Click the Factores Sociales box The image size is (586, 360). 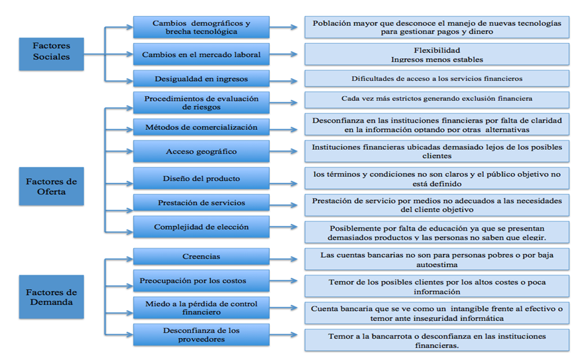(51, 52)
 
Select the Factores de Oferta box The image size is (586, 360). (51, 187)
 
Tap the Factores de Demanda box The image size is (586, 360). (51, 298)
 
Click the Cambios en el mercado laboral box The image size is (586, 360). (201, 54)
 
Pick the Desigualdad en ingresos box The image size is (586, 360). (201, 79)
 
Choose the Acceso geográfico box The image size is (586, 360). (201, 152)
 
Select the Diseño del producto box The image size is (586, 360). (201, 178)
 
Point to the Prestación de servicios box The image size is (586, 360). (201, 203)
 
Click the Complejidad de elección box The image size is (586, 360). (201, 227)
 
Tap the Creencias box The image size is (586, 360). (201, 257)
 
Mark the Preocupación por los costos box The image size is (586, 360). (201, 281)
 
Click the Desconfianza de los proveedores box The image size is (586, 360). (201, 335)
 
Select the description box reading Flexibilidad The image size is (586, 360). (436, 54)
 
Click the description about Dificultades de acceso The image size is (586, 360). (436, 79)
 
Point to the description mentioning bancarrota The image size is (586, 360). (436, 340)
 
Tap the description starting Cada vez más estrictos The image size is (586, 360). (436, 99)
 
